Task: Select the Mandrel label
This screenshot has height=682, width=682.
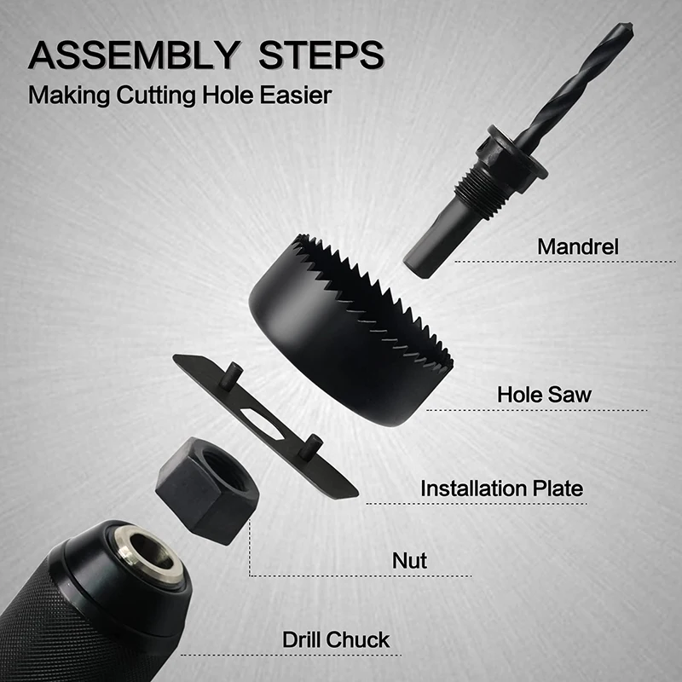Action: (x=578, y=246)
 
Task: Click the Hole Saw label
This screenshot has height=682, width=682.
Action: (x=544, y=395)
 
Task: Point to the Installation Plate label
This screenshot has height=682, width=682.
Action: (x=501, y=488)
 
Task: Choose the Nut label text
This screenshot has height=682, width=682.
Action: (x=409, y=560)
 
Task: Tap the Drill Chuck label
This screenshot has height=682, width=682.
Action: (x=336, y=639)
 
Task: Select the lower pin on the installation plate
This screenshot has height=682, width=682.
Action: (x=314, y=445)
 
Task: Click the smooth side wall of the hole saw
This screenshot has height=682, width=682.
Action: (x=341, y=358)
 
